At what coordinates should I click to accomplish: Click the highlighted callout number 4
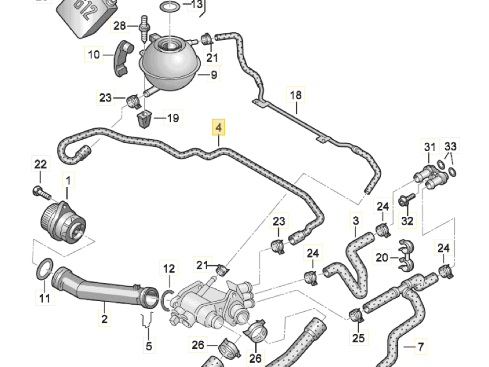(219, 127)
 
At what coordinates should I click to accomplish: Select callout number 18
(296, 95)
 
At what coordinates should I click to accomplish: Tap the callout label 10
(94, 54)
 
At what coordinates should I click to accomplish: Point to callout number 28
(120, 25)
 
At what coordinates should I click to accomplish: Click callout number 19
(173, 118)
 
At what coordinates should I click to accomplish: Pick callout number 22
(40, 164)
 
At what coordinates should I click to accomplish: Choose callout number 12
(169, 268)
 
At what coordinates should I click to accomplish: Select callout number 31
(430, 147)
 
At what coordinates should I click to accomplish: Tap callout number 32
(407, 221)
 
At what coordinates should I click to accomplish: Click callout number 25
(358, 338)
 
